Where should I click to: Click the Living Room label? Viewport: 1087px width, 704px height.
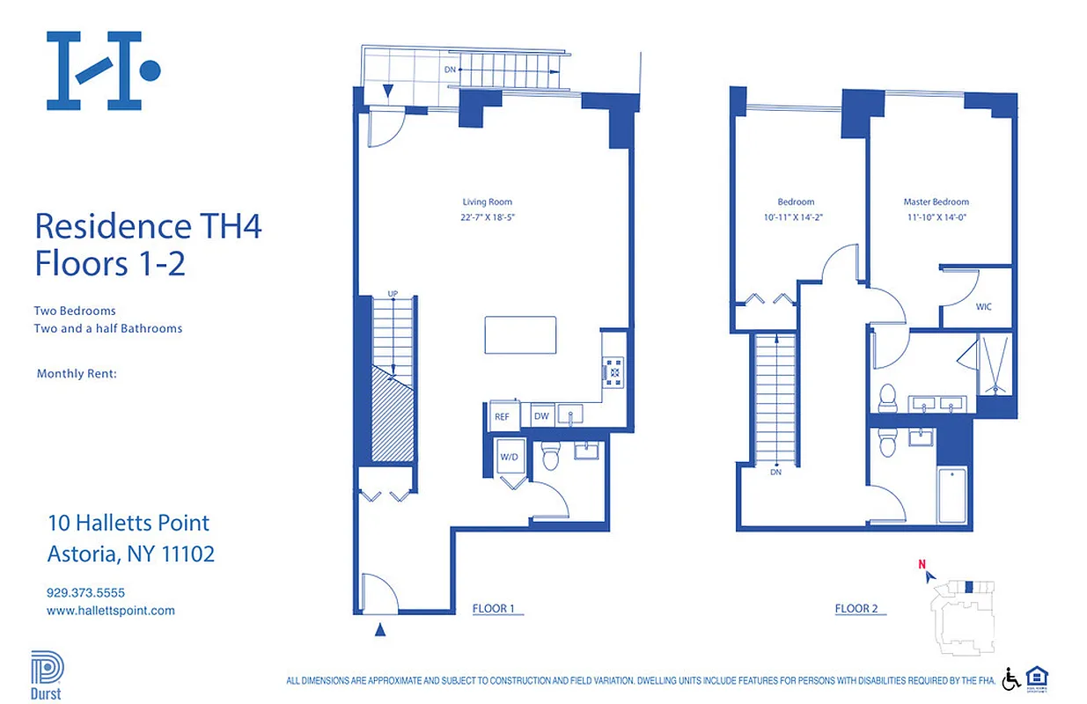[x=487, y=202]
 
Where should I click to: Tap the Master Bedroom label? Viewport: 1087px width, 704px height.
[x=936, y=202]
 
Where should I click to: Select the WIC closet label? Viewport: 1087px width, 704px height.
[x=983, y=307]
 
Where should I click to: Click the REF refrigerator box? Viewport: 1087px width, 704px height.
[x=502, y=416]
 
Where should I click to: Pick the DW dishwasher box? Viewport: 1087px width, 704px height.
[x=541, y=416]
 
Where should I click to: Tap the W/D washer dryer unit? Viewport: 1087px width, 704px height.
[x=509, y=457]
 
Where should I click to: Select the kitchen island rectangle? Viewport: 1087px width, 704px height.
[x=520, y=334]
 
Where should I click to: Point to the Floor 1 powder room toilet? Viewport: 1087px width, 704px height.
[x=552, y=456]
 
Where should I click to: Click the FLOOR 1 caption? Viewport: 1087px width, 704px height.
[x=494, y=608]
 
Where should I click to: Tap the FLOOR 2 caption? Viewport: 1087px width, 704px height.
[x=856, y=608]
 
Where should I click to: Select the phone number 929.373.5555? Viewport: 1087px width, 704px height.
[x=85, y=592]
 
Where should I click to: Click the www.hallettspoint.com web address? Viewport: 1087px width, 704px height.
[x=110, y=610]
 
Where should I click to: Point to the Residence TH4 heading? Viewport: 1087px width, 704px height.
[x=148, y=226]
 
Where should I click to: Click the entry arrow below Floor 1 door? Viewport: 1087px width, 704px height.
[x=379, y=628]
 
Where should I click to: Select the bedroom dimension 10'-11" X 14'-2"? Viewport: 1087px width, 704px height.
[x=795, y=216]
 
